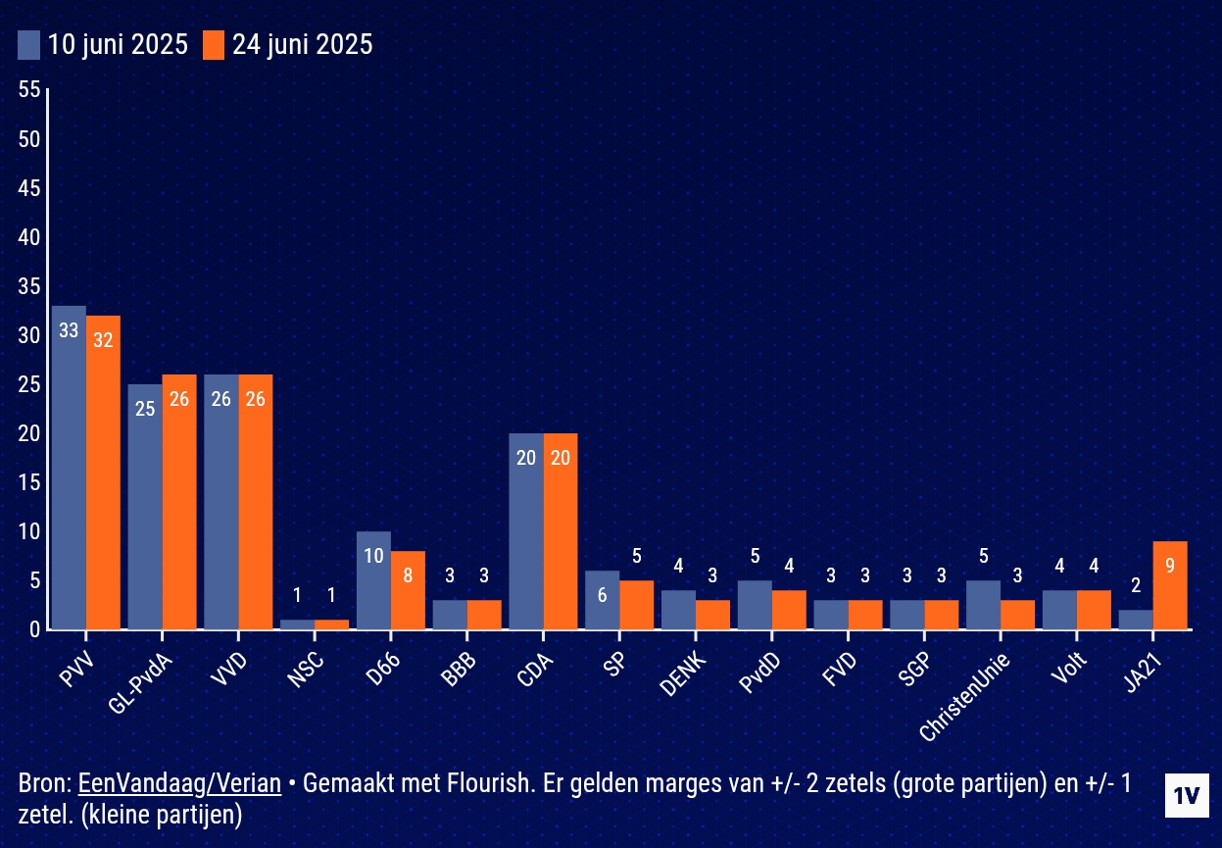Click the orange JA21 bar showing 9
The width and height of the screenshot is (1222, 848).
tap(1170, 585)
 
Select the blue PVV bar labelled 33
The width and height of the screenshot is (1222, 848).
tap(69, 468)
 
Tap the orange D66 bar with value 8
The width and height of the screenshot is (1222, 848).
tap(408, 590)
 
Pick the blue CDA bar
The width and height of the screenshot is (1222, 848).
tap(526, 531)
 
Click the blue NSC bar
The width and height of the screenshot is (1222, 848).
tap(297, 624)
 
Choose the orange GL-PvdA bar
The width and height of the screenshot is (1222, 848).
tap(179, 502)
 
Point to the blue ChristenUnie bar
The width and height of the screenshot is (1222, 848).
tap(983, 605)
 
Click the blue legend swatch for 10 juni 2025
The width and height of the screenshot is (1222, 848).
tap(29, 45)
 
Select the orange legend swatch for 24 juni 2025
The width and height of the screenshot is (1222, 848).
tap(214, 45)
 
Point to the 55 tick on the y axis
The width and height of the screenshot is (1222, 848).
tap(29, 90)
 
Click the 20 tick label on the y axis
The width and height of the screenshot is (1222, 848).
tap(29, 433)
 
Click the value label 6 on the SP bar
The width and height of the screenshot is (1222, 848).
tap(603, 594)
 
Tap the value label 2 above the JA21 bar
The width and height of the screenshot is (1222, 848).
tap(1136, 585)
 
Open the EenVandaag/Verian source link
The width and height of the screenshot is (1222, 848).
tap(179, 783)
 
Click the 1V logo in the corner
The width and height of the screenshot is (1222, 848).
tap(1187, 796)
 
